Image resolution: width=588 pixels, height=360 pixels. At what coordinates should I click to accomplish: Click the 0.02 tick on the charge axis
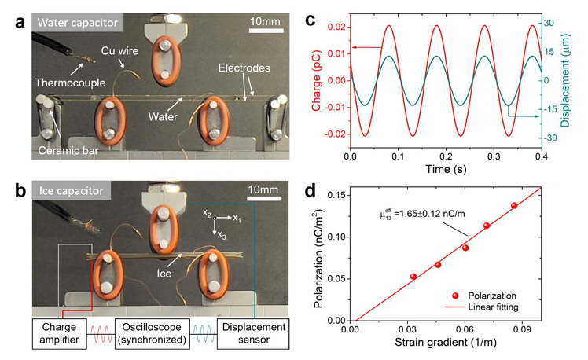pos(337,26)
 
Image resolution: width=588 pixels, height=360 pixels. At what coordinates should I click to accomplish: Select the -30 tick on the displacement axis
pos(553,138)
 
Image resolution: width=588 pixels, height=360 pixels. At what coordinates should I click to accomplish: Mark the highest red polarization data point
pos(514,206)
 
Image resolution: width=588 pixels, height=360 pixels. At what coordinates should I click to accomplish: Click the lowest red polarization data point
pos(413,276)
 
